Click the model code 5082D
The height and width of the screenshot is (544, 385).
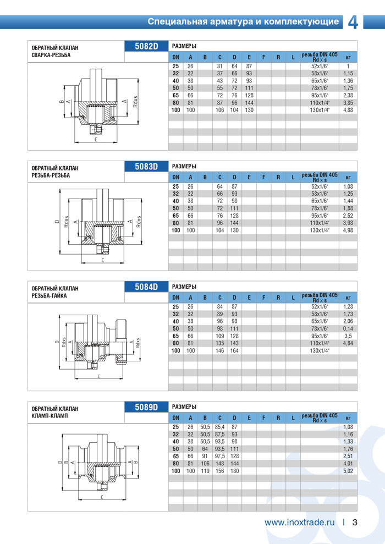147,46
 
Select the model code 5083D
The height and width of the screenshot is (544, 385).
147,166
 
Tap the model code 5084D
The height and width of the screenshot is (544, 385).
147,286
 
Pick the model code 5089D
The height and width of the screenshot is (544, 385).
147,406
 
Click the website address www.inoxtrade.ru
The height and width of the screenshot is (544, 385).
299,523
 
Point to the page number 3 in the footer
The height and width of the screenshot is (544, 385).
355,523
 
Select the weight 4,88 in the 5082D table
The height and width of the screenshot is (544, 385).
348,109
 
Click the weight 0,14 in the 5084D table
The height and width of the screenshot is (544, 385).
348,328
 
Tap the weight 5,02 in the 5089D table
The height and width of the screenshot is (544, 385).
348,470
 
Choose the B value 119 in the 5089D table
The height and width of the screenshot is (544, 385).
205,470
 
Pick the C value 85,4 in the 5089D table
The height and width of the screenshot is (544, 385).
220,427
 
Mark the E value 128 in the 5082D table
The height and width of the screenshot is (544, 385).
249,95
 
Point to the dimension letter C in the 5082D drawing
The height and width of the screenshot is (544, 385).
96,139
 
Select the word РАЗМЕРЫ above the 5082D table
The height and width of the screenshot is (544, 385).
184,45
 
